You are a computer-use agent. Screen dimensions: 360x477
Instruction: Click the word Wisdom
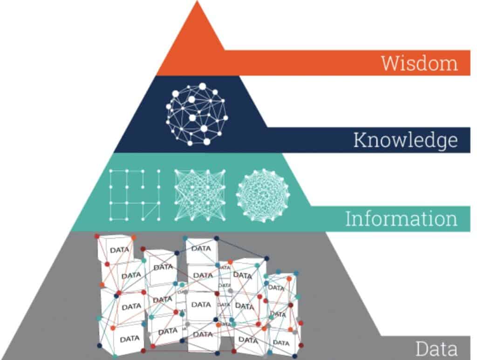click(419, 63)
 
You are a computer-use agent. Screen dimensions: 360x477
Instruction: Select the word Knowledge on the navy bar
click(405, 140)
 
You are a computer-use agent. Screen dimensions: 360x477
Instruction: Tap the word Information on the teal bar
click(401, 218)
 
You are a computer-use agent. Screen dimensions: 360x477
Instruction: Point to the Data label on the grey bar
click(436, 348)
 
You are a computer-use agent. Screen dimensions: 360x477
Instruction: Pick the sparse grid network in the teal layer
click(135, 195)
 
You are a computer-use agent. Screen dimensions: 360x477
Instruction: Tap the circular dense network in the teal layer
click(262, 195)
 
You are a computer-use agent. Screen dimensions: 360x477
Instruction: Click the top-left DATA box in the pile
click(115, 250)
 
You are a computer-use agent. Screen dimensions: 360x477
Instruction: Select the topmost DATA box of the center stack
click(201, 249)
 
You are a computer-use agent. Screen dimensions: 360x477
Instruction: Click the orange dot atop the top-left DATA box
click(134, 238)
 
